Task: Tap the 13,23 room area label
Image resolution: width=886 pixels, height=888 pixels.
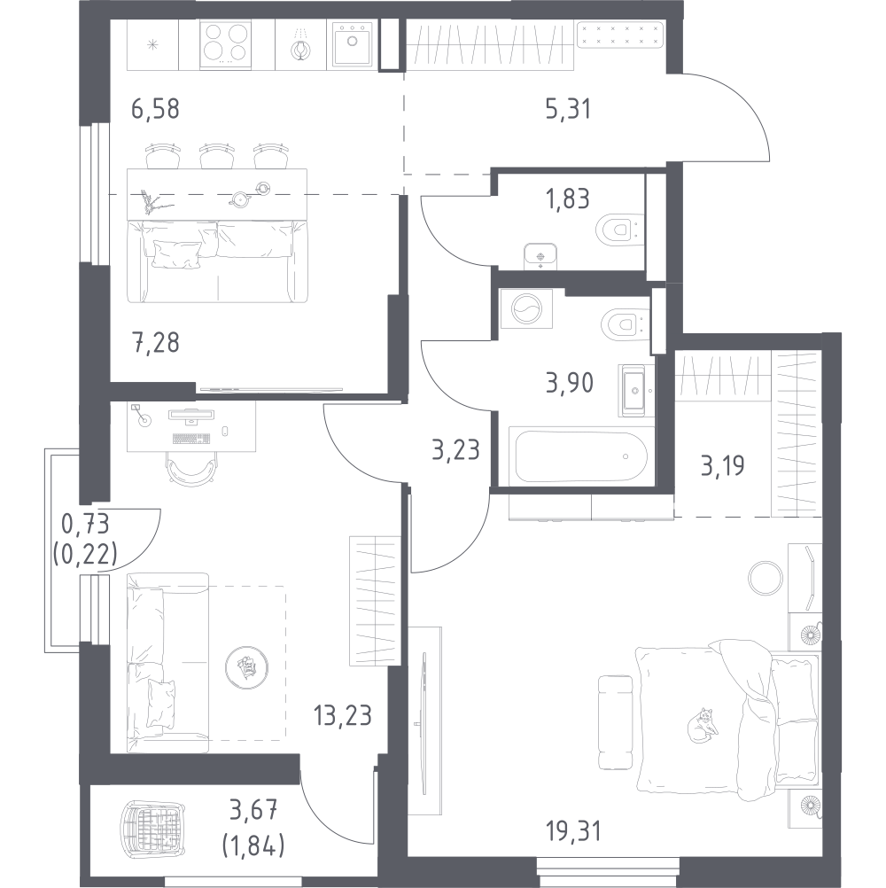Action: [344, 713]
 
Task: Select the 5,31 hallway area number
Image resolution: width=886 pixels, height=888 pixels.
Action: [568, 109]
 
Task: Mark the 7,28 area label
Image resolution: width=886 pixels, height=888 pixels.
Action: [155, 341]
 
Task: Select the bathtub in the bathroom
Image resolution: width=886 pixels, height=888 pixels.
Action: [579, 456]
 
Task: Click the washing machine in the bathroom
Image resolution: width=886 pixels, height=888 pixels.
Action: [525, 313]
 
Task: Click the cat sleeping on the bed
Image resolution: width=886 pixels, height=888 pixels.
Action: [701, 724]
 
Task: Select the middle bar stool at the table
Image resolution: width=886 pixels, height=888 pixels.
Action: [215, 157]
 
